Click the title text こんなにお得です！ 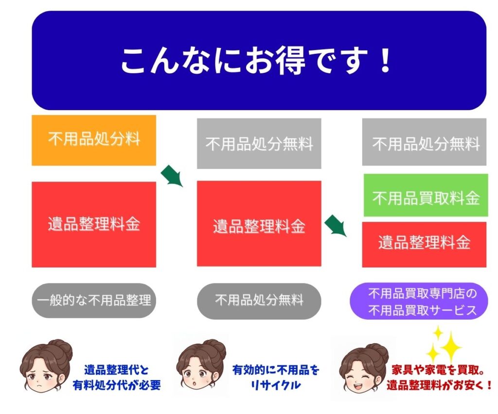[256, 60]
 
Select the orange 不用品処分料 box [94, 140]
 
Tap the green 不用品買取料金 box [426, 195]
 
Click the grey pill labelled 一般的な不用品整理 [94, 300]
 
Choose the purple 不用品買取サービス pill [419, 301]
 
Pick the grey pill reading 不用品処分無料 [259, 301]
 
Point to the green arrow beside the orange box [172, 176]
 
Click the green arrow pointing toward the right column [336, 225]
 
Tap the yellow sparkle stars [444, 345]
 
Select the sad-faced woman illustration [46, 366]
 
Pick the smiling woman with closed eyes [364, 368]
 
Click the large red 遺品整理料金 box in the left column [94, 224]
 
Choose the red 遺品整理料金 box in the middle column [259, 223]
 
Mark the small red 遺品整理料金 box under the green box [424, 245]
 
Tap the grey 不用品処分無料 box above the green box [424, 142]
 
